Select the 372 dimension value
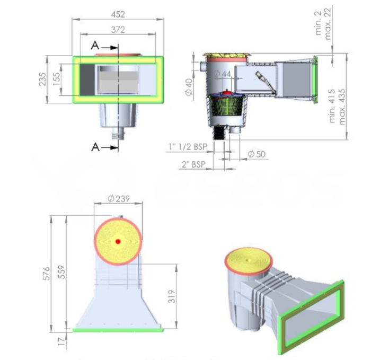(x=119, y=30)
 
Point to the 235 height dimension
(x=42, y=80)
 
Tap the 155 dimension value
(x=56, y=80)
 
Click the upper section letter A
(x=94, y=46)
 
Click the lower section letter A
(x=94, y=147)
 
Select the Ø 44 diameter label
(x=222, y=74)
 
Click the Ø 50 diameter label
(x=256, y=154)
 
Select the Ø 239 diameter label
(x=119, y=198)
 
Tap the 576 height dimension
(x=46, y=273)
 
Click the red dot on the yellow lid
(x=118, y=241)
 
